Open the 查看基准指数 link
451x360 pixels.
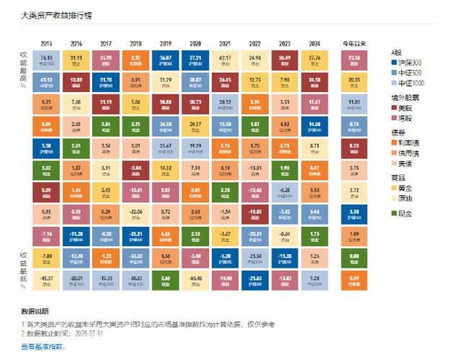point(43,346)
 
